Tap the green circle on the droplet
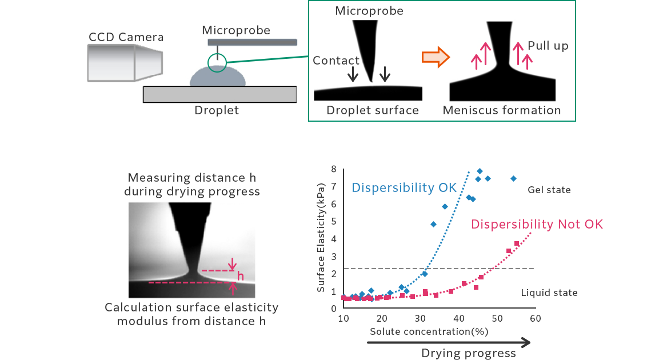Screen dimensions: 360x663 pos(217,62)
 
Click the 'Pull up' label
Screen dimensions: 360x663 pos(548,46)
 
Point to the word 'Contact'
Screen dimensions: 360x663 pos(336,61)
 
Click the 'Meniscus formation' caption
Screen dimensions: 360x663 pos(502,110)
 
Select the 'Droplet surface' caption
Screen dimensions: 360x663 pos(373,110)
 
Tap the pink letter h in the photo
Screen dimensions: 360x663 pos(240,277)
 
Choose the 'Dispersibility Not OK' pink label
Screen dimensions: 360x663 pos(537,224)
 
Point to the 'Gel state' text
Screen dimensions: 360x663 pos(549,189)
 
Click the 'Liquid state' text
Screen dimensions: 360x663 pos(549,293)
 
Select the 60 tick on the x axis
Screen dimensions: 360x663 pos(534,318)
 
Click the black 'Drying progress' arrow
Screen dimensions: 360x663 pos(449,342)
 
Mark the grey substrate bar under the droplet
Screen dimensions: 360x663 pos(219,94)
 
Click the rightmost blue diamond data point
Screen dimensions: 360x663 pos(513,179)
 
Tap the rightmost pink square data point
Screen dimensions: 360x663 pos(517,243)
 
